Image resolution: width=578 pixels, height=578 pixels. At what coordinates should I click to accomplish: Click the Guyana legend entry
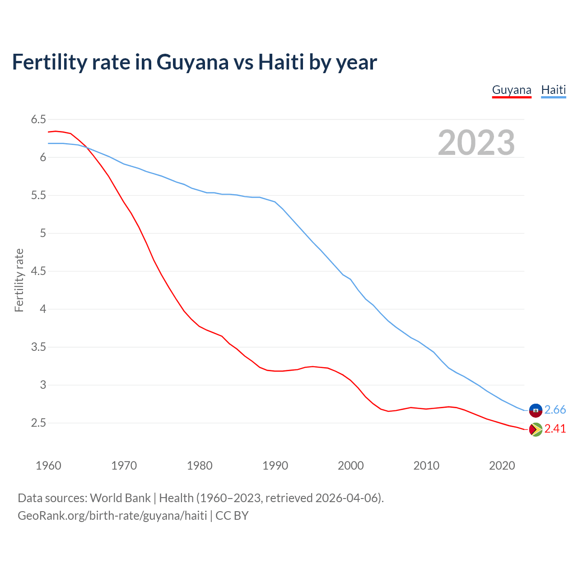click(x=511, y=90)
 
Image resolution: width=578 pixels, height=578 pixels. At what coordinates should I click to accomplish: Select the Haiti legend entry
click(x=553, y=90)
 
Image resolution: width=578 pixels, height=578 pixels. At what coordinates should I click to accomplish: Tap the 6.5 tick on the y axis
click(x=38, y=120)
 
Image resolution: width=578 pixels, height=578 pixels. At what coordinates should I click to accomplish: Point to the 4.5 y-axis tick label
click(x=38, y=271)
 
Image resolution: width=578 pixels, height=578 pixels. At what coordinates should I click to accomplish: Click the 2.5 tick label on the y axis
click(x=38, y=423)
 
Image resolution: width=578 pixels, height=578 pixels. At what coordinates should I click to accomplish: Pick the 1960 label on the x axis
click(x=48, y=466)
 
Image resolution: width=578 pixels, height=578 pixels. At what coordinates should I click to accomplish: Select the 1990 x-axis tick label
click(x=275, y=466)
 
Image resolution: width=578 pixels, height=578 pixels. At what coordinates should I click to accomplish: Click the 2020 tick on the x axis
click(x=502, y=466)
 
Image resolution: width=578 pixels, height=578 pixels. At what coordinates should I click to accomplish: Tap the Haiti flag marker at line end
click(x=536, y=410)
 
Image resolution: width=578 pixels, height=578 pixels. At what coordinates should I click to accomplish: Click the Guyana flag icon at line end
click(x=536, y=429)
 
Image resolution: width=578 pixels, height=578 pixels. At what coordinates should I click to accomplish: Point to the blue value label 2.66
click(x=555, y=410)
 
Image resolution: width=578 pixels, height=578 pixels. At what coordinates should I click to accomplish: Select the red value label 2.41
click(x=555, y=429)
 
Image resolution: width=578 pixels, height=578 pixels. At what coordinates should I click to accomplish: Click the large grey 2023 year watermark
click(x=476, y=143)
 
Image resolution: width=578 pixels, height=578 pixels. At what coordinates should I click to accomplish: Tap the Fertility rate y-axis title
click(x=19, y=280)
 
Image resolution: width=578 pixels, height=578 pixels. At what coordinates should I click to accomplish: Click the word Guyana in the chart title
click(x=193, y=62)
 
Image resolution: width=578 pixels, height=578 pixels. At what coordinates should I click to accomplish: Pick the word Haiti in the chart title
click(x=281, y=62)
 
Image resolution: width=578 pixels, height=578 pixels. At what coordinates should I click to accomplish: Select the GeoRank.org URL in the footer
click(x=112, y=516)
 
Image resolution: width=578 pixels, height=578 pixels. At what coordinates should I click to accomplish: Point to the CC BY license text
click(x=232, y=516)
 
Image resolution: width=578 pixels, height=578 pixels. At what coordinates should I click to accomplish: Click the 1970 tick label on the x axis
click(x=124, y=466)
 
